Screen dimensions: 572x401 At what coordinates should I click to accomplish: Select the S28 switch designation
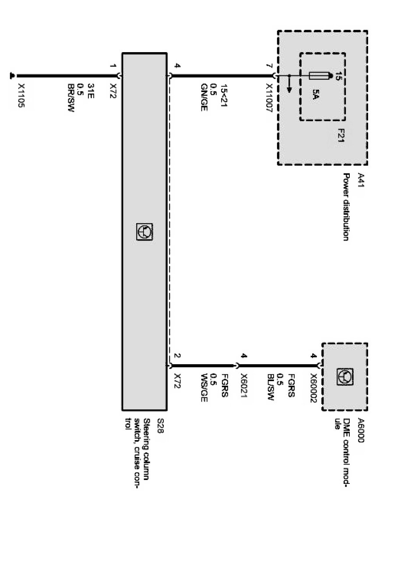click(x=160, y=426)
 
